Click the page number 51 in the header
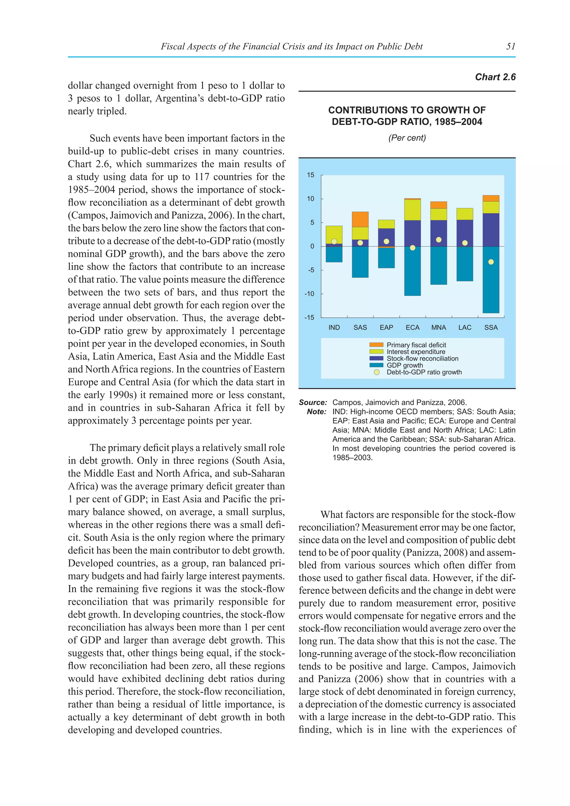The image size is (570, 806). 511,46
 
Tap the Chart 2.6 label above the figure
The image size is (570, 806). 495,77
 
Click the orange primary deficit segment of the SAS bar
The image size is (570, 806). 360,219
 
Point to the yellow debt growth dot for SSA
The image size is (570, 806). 491,262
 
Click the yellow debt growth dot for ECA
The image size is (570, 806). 412,248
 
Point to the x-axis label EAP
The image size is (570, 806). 386,328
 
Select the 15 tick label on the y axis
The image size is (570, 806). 311,175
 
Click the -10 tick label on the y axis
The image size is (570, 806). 309,294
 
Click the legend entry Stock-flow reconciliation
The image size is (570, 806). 422,358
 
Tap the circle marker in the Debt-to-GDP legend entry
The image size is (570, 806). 377,372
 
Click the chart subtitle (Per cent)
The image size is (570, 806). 407,138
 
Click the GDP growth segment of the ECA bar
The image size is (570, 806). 412,272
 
